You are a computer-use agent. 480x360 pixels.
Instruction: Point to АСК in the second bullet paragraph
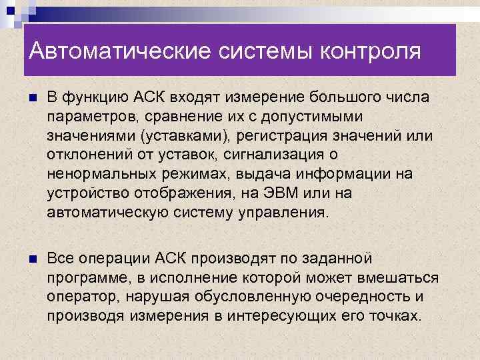(176, 258)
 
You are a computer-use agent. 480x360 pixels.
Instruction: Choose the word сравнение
(172, 117)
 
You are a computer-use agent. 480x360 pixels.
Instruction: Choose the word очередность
(357, 296)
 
